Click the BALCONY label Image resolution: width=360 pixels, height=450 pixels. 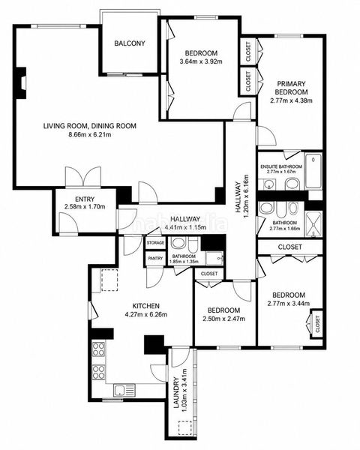point(130,43)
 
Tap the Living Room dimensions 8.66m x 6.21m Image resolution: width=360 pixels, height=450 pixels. point(89,134)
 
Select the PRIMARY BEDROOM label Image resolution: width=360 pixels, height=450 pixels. point(292,88)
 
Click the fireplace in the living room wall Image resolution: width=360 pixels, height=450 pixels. point(22,83)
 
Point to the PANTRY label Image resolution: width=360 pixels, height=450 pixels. point(155,258)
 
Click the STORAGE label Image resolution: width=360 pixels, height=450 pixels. point(155,243)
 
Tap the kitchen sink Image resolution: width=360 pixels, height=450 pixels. point(124,390)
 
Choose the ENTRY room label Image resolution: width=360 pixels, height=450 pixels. point(85,199)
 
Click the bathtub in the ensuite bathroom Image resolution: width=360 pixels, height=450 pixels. point(313,171)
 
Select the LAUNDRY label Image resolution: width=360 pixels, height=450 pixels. point(176,392)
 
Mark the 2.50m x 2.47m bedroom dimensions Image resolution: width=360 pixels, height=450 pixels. point(224,319)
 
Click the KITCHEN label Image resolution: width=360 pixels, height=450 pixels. point(145,306)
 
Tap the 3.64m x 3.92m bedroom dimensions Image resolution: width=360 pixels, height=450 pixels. point(201,61)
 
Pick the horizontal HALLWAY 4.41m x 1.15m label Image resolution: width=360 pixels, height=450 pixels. point(185,223)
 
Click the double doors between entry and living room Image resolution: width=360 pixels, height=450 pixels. point(83,177)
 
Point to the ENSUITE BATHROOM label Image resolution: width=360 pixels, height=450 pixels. point(281,166)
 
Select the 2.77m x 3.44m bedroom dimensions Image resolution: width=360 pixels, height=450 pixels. point(289,303)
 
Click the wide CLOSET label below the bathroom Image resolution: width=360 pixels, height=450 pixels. point(290,247)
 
